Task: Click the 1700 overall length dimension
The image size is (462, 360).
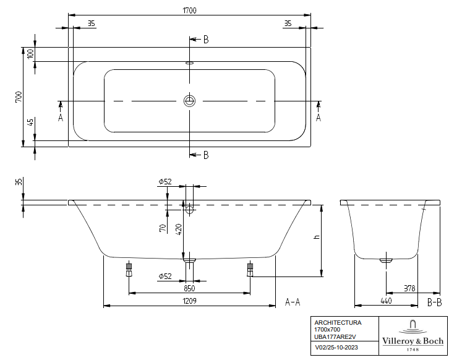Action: coord(189,11)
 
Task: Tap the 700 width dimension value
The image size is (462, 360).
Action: coord(19,97)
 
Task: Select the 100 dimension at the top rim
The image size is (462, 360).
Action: coord(31,54)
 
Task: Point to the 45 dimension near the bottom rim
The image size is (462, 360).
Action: coord(31,122)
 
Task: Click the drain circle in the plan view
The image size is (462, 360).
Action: coord(189,101)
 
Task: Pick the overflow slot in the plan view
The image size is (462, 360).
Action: coord(189,62)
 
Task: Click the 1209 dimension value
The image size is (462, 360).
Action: coord(189,301)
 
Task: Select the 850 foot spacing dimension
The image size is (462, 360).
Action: coord(189,288)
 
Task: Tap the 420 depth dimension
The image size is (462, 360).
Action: coord(179,229)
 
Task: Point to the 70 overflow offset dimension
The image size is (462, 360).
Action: coord(163,228)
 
